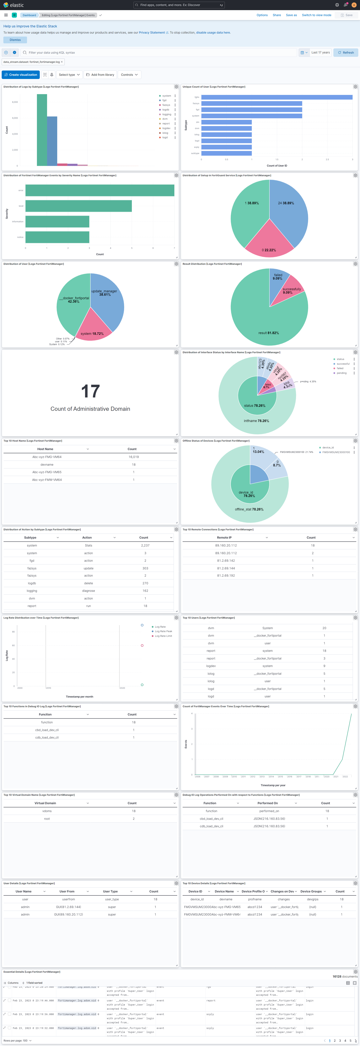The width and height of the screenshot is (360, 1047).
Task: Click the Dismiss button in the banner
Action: (x=15, y=40)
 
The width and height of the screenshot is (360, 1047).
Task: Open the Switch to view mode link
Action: (x=316, y=15)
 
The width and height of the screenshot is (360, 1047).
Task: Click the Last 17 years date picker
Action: (x=320, y=53)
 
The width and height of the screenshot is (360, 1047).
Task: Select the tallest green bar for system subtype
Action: (x=42, y=130)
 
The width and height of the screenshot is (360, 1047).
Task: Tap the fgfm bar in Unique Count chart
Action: (x=276, y=97)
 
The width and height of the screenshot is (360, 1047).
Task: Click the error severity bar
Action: (x=100, y=190)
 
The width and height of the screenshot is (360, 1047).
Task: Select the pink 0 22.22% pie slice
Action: (x=269, y=242)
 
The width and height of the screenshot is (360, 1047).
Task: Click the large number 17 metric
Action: (x=90, y=391)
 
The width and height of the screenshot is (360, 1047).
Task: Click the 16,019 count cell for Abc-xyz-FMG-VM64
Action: (x=134, y=457)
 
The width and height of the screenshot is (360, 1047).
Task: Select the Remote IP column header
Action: (x=224, y=537)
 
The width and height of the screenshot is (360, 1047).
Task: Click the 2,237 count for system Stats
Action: (x=145, y=545)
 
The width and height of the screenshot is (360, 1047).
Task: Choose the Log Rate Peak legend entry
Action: (x=163, y=631)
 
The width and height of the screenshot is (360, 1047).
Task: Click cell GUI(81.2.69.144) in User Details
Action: (x=68, y=907)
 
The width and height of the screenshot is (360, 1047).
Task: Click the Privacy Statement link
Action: (x=151, y=32)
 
